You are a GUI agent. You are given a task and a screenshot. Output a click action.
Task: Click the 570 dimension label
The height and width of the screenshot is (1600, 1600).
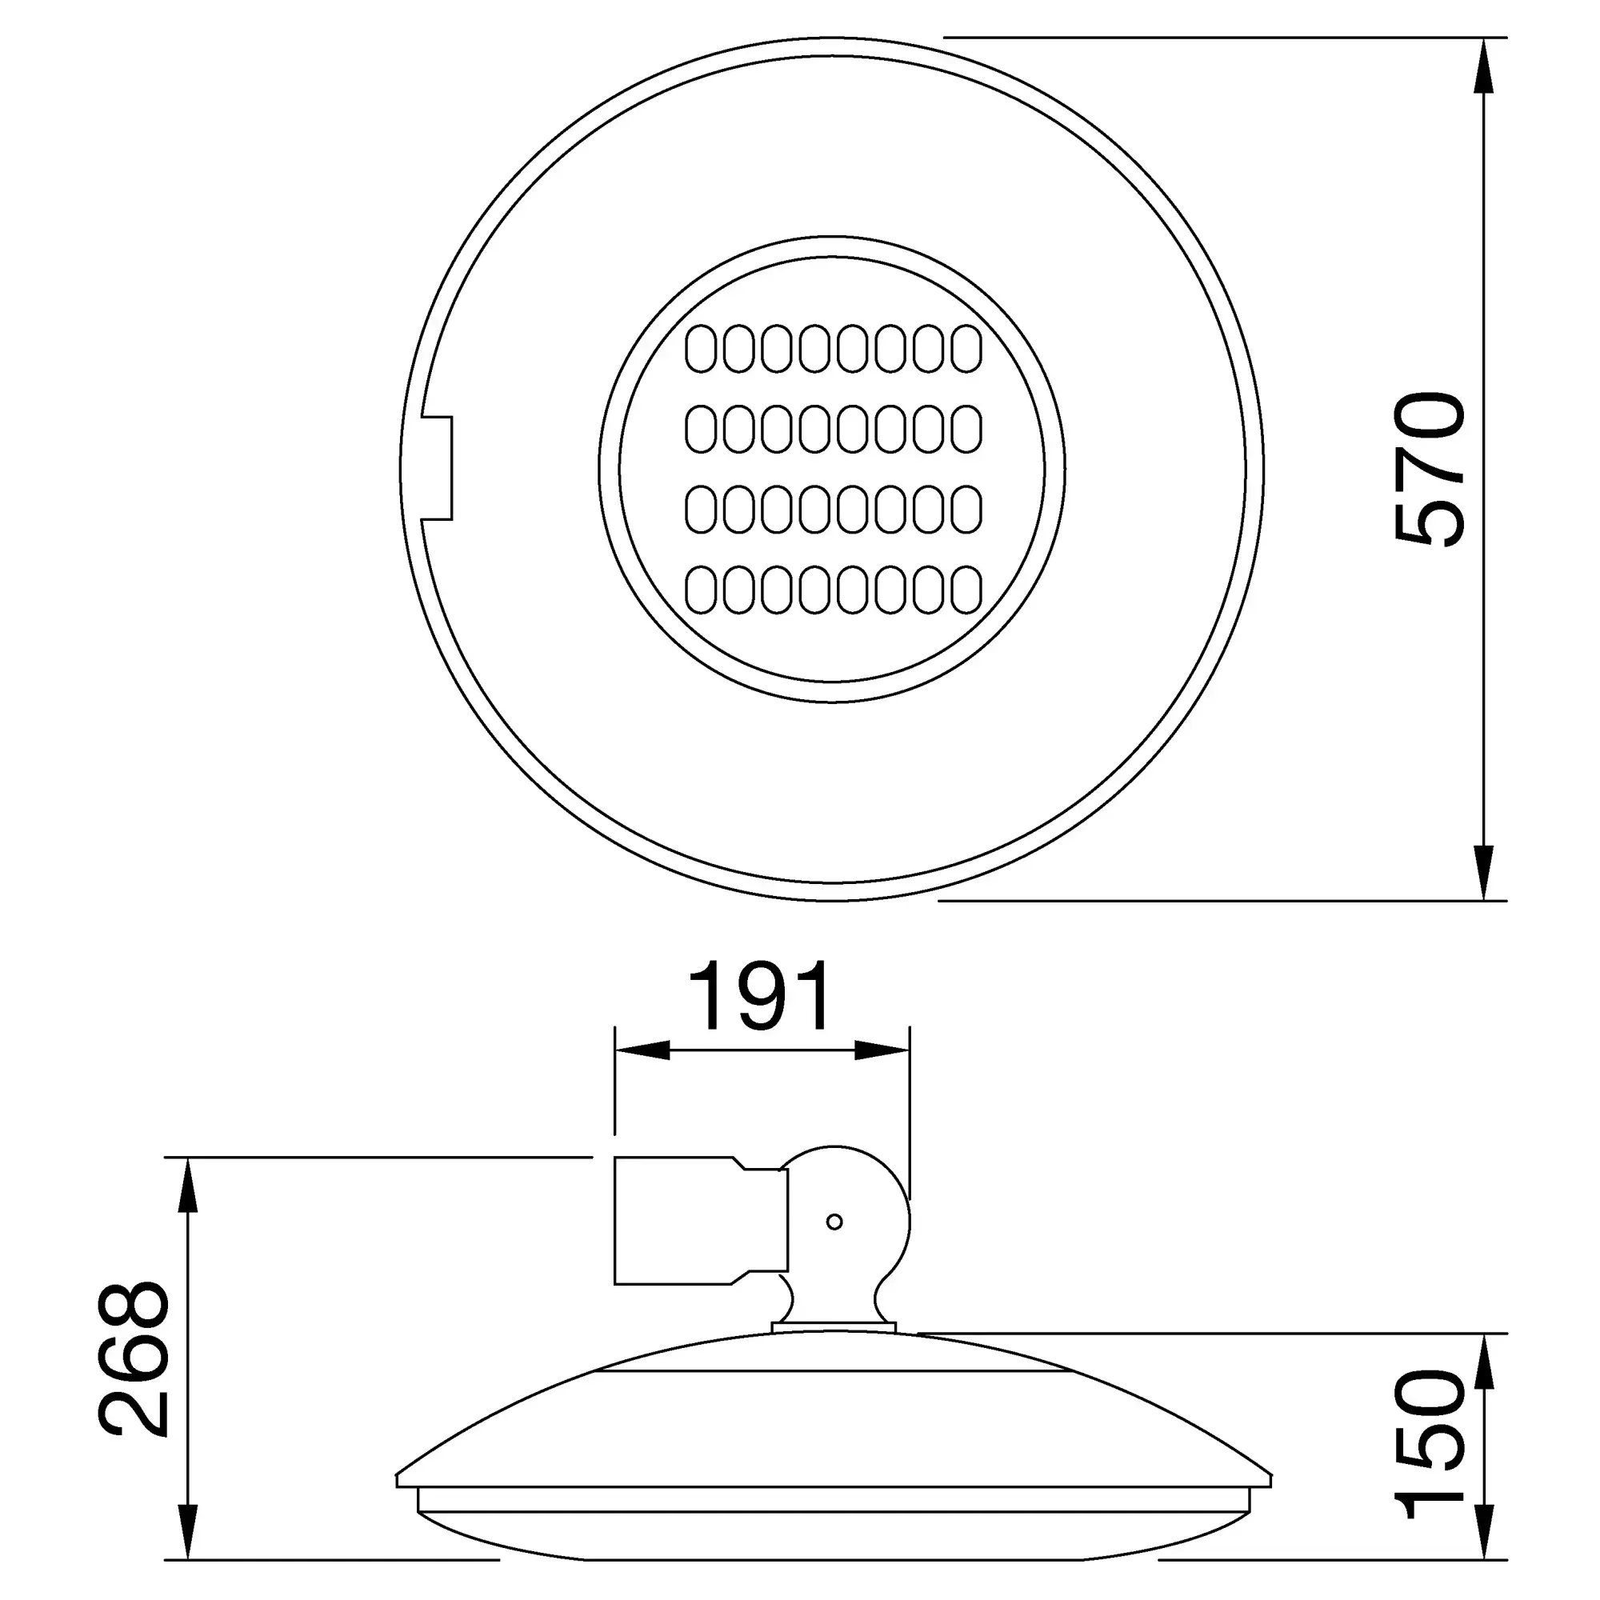pos(1430,470)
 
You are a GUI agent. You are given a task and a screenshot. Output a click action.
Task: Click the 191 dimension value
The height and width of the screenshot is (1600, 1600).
pos(759,996)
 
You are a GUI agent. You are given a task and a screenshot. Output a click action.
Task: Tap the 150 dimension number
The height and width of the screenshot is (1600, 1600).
pos(1430,1445)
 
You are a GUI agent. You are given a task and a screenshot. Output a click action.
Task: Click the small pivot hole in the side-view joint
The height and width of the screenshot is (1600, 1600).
pos(834,1222)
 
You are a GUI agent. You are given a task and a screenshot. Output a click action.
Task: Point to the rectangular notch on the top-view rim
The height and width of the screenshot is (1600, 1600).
pos(438,469)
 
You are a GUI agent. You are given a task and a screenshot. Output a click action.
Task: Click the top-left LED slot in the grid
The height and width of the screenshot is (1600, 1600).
pos(701,349)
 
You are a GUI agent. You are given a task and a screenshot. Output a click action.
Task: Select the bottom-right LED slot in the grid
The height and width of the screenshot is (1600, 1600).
pos(966,590)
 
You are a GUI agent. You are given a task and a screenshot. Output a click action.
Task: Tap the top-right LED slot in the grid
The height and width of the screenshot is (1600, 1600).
pos(966,349)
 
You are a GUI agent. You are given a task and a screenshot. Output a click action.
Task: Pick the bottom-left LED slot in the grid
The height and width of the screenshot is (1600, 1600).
pos(701,590)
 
